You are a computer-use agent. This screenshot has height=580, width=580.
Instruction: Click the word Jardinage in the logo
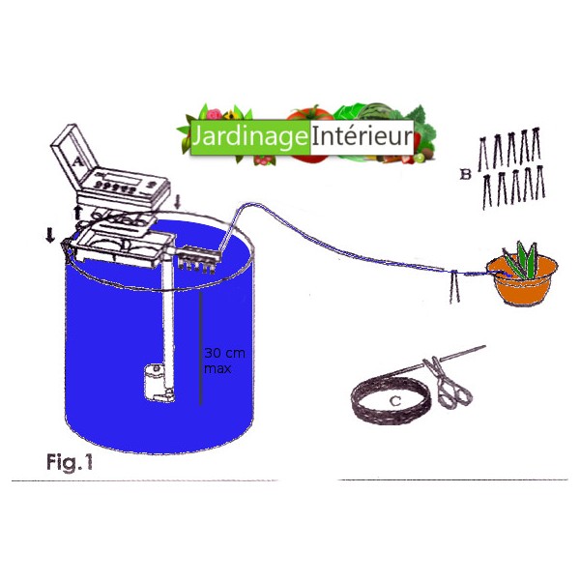click(x=248, y=138)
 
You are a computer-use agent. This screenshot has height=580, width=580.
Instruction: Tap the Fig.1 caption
click(x=69, y=462)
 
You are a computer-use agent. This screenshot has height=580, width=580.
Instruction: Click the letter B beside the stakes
click(x=465, y=176)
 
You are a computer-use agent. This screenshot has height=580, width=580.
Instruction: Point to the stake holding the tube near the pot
click(x=453, y=287)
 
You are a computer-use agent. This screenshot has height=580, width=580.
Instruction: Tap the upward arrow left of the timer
click(x=77, y=211)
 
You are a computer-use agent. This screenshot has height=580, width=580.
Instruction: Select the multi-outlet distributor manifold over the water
click(x=198, y=258)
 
